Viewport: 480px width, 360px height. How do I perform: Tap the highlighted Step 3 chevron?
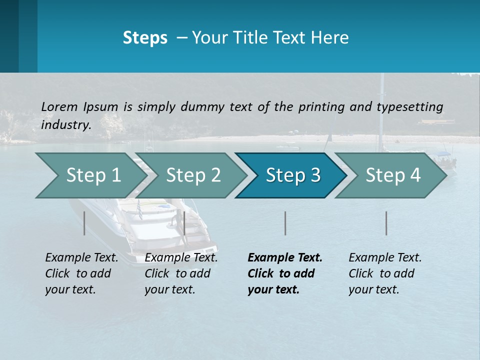tap(293, 175)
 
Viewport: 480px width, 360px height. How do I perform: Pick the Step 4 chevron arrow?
tap(393, 175)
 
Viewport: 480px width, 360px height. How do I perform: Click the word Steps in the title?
tap(145, 38)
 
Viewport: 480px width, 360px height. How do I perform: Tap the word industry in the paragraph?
tap(65, 124)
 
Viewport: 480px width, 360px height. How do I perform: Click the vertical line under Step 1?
tap(84, 223)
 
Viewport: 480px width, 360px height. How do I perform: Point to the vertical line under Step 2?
tap(184, 223)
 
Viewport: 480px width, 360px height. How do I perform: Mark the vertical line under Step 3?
tap(285, 223)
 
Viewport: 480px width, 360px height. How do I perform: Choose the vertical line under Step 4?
tap(386, 223)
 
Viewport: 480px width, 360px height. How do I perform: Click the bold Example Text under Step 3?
tap(285, 258)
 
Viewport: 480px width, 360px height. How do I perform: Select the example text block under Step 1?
tap(81, 273)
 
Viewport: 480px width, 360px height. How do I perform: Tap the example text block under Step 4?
tap(385, 273)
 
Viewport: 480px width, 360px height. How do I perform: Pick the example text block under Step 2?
tap(181, 273)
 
